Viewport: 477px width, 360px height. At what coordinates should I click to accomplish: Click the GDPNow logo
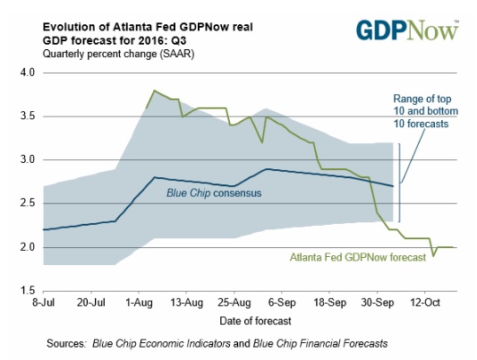pyautogui.click(x=407, y=30)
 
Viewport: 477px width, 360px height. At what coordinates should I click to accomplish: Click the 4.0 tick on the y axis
pyautogui.click(x=28, y=73)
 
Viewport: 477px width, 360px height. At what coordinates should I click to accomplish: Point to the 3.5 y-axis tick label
pyautogui.click(x=28, y=116)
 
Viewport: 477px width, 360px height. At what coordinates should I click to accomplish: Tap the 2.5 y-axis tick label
pyautogui.click(x=28, y=203)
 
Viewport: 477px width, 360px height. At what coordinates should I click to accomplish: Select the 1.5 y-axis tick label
pyautogui.click(x=28, y=291)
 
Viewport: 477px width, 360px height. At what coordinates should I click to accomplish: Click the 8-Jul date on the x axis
pyautogui.click(x=44, y=303)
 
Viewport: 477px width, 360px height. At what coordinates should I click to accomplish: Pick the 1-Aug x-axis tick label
pyautogui.click(x=139, y=303)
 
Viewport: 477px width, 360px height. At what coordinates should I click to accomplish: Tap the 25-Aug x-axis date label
pyautogui.click(x=234, y=303)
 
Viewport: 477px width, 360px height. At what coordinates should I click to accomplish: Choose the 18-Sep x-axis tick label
pyautogui.click(x=329, y=303)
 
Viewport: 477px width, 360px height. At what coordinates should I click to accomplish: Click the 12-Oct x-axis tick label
pyautogui.click(x=425, y=303)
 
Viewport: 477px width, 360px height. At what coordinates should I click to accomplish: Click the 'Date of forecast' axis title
pyautogui.click(x=256, y=321)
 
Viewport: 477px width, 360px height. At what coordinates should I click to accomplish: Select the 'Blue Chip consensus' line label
pyautogui.click(x=214, y=193)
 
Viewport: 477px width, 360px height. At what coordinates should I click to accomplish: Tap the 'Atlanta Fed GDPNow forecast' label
pyautogui.click(x=358, y=257)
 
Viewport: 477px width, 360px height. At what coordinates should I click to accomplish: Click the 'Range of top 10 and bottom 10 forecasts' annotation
pyautogui.click(x=426, y=111)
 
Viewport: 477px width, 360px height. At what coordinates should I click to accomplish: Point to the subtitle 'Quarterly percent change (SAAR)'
pyautogui.click(x=118, y=54)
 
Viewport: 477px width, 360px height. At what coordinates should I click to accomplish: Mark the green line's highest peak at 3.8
pyautogui.click(x=155, y=90)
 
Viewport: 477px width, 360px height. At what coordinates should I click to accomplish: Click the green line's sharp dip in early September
pyautogui.click(x=261, y=142)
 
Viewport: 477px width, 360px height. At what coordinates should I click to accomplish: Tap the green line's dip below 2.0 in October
pyautogui.click(x=433, y=255)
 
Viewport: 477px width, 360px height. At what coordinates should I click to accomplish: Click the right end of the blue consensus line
pyautogui.click(x=394, y=186)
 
